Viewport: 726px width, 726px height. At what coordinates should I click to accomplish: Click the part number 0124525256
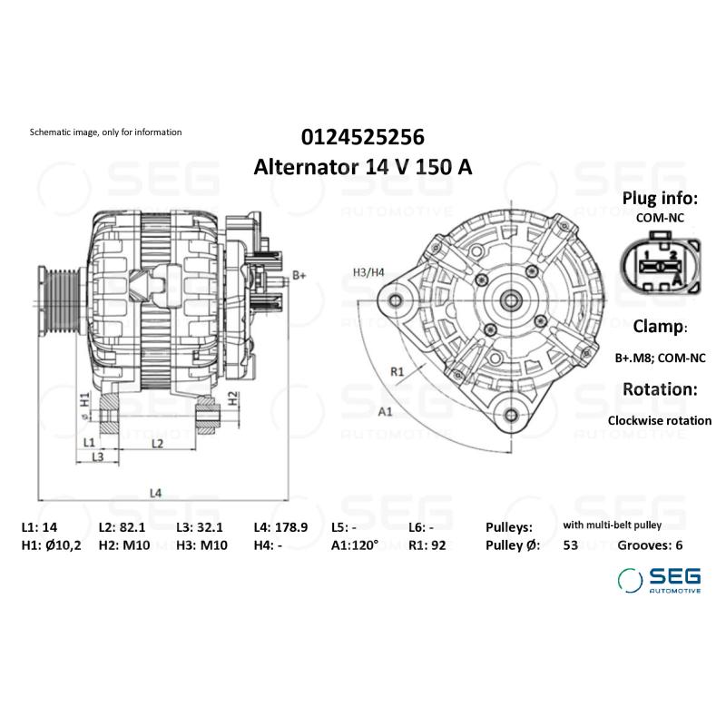[362, 137]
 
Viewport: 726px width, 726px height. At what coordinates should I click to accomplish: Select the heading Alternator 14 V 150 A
[362, 167]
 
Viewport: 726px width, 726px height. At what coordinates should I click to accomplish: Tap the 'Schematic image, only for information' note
[105, 132]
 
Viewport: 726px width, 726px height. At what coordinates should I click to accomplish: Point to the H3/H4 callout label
[368, 272]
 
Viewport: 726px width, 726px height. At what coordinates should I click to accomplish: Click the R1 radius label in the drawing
[397, 371]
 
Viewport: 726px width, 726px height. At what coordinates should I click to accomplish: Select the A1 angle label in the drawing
[385, 411]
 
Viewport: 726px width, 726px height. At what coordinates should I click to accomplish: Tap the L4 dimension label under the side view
[155, 493]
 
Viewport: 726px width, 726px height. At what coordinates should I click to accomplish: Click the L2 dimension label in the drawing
[156, 443]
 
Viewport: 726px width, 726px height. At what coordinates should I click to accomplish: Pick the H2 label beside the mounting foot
[232, 397]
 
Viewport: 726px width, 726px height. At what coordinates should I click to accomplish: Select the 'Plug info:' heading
[660, 199]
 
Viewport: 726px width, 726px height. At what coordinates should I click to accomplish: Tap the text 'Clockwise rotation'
[660, 420]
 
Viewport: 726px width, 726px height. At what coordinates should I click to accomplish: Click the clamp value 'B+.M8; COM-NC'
[660, 358]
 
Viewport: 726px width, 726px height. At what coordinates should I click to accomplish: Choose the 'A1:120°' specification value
[355, 545]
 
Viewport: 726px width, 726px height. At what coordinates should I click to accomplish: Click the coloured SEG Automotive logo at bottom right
[659, 580]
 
